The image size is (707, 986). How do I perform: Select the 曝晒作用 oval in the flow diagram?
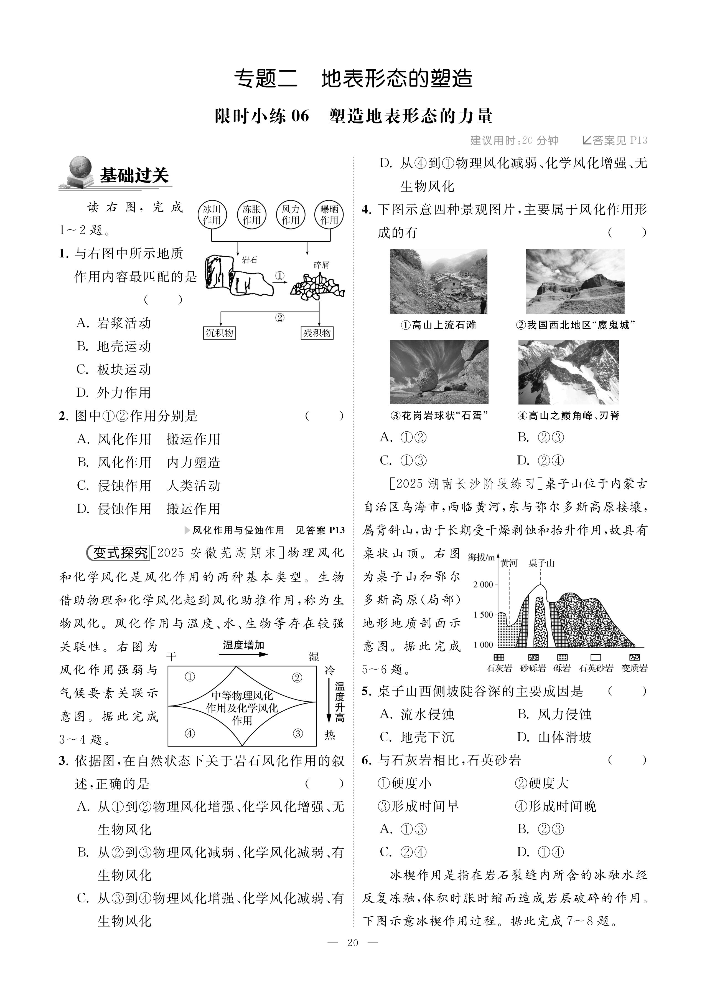coord(329,215)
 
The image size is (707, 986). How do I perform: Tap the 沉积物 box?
coord(219,333)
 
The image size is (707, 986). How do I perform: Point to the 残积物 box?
coord(317,333)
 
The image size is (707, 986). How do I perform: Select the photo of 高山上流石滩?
coord(438,281)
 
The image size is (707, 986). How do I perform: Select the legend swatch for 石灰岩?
coord(499,658)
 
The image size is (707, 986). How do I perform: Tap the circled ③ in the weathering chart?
coord(298,734)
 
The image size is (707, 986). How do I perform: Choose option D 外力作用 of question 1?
coord(114,393)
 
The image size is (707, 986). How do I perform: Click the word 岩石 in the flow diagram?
coord(250,260)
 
